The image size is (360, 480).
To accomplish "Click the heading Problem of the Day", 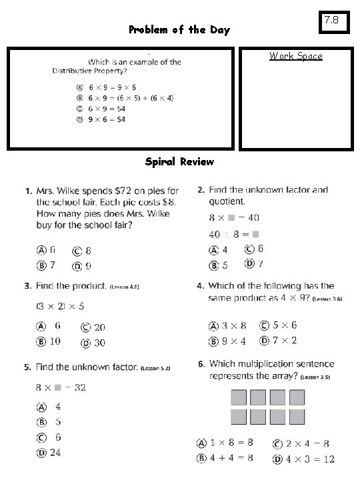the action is (x=179, y=30).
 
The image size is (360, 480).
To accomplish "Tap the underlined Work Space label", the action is (x=295, y=56).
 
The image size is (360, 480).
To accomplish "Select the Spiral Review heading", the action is (x=179, y=161).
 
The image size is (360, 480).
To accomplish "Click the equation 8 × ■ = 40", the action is (x=234, y=217).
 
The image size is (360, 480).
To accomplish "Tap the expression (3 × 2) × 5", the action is (x=60, y=307).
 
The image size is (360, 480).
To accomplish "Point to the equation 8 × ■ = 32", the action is (x=61, y=387).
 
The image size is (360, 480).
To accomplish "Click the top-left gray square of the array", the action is (x=239, y=398).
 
